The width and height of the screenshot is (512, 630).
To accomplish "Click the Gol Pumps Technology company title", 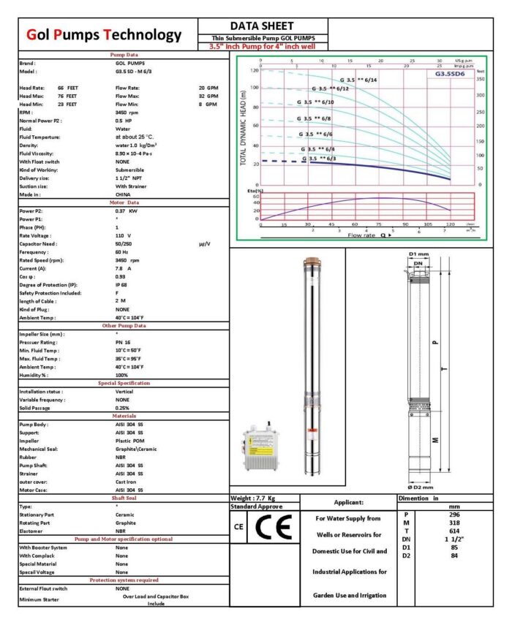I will [103, 34].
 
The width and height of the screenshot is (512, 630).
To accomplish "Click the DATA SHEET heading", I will [263, 26].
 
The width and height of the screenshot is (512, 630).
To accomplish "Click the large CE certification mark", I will [274, 526].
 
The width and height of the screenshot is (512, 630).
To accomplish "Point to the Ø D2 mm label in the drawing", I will [420, 487].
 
